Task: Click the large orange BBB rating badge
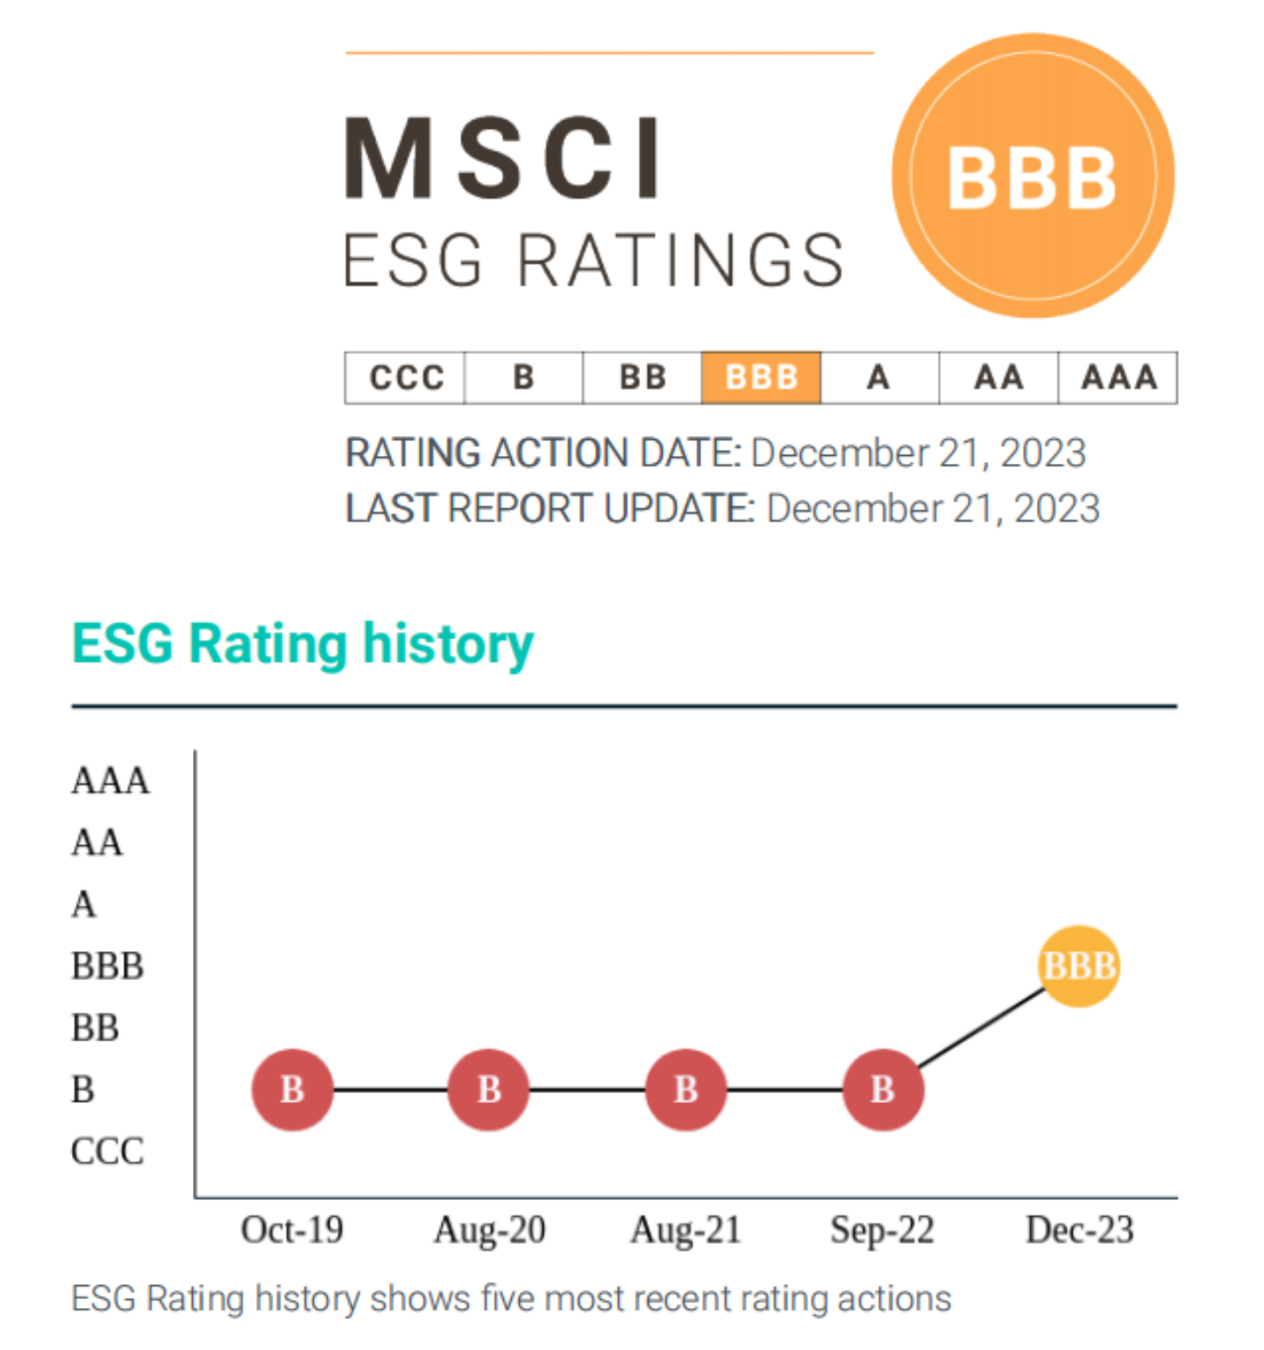tap(1033, 176)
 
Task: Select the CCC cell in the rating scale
tap(406, 378)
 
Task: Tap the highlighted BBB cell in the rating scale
tap(761, 378)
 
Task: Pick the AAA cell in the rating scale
tap(1118, 378)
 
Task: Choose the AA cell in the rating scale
tap(998, 378)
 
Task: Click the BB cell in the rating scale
tap(643, 378)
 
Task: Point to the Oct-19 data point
tap(292, 1090)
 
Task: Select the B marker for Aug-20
tap(488, 1090)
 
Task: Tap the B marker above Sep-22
tap(883, 1090)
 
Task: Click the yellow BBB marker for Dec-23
tap(1079, 966)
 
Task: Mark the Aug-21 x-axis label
tap(685, 1230)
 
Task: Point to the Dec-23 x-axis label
tap(1079, 1230)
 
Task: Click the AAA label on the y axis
tap(110, 780)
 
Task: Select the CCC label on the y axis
tap(107, 1151)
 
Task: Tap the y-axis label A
tap(84, 904)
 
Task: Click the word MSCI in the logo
tap(504, 160)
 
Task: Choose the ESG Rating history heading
tap(302, 644)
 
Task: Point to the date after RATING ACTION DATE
tap(918, 453)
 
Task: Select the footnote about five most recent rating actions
tap(511, 1298)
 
